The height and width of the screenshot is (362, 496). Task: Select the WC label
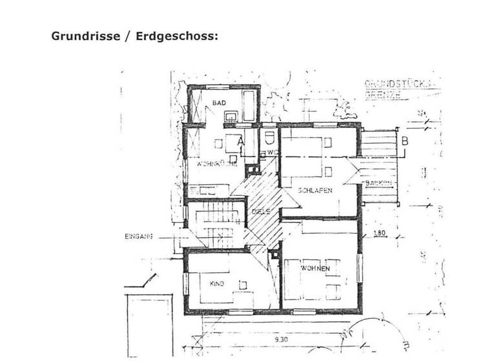(x=272, y=153)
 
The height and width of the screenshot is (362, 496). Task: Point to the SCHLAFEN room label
(x=315, y=190)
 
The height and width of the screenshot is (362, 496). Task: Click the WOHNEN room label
(x=315, y=268)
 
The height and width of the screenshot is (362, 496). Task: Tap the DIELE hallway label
(x=260, y=212)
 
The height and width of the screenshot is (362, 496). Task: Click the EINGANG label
(x=138, y=237)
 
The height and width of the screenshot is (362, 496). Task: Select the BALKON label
(x=379, y=184)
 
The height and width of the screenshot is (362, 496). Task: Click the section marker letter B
(x=404, y=140)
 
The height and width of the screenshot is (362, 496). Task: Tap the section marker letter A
(x=240, y=139)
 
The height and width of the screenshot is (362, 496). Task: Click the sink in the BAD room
(x=230, y=116)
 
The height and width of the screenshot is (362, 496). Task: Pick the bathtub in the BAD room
(x=248, y=105)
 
